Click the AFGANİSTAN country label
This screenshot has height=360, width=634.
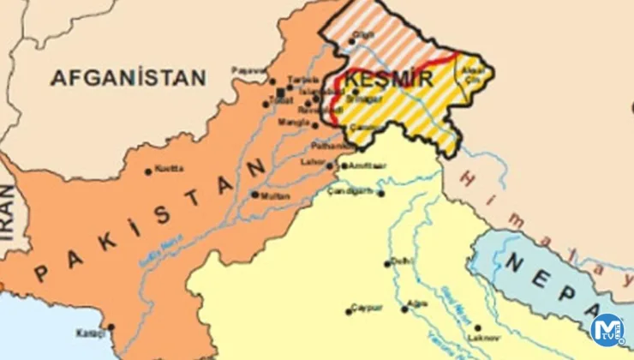(x=129, y=78)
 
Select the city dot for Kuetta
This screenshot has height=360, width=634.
(x=148, y=171)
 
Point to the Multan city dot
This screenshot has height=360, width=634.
(x=254, y=195)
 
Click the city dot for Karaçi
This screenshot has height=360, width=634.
(x=111, y=327)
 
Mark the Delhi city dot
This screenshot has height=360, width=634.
(x=387, y=263)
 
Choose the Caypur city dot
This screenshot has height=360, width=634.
(x=349, y=310)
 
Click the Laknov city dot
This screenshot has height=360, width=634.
(x=470, y=327)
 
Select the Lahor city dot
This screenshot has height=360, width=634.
(x=329, y=165)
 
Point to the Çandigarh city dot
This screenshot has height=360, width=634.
(x=380, y=194)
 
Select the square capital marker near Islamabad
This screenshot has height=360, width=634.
(x=281, y=92)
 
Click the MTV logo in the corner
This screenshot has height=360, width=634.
(x=607, y=330)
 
